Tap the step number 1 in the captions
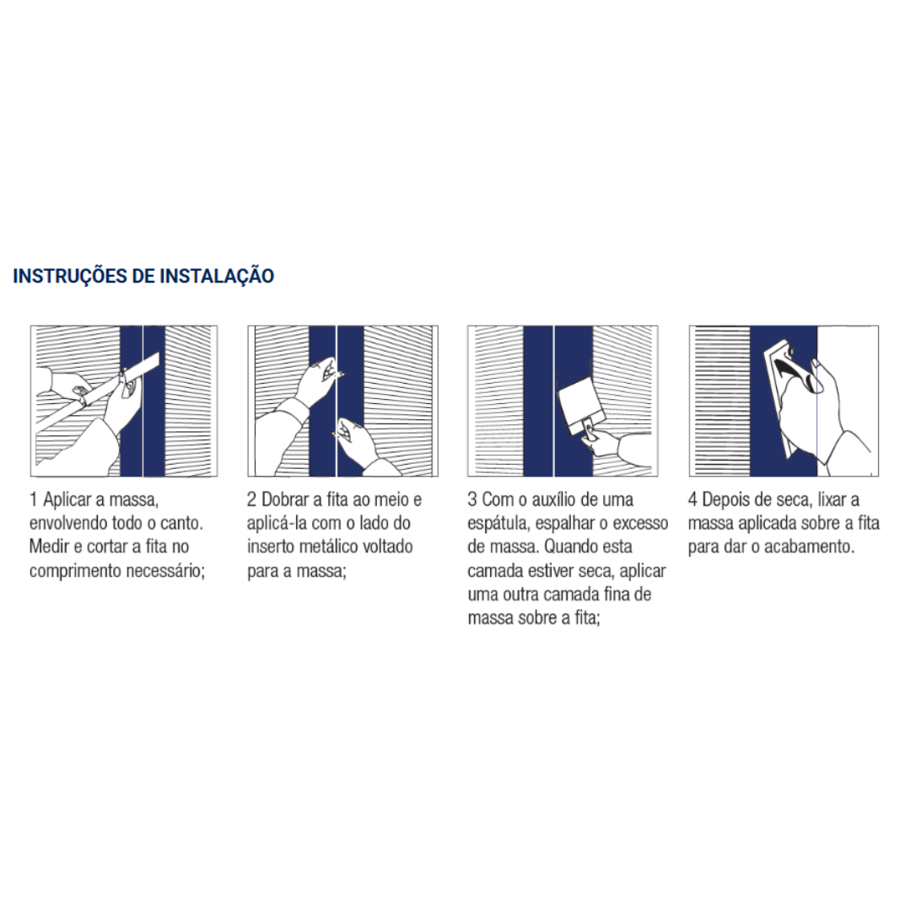pos(34,499)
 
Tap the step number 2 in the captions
pos(251,499)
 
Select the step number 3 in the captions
pos(472,499)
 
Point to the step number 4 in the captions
pos(693,499)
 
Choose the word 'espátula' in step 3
pos(498,524)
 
